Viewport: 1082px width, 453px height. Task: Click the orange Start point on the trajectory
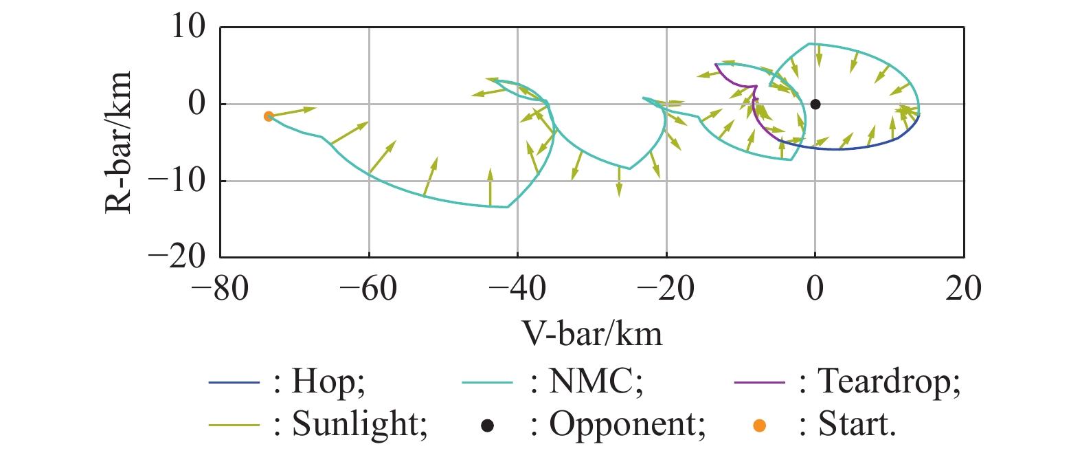(x=269, y=117)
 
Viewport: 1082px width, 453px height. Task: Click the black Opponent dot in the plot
(x=815, y=104)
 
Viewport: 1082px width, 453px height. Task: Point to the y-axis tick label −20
(x=177, y=257)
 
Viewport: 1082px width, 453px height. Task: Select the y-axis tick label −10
(x=177, y=181)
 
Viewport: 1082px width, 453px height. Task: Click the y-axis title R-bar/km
(x=118, y=142)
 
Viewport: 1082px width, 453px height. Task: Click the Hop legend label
(x=328, y=382)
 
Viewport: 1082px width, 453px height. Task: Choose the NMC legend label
(x=595, y=382)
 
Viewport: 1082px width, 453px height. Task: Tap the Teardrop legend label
(x=889, y=382)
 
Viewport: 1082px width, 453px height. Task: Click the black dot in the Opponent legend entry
(x=487, y=426)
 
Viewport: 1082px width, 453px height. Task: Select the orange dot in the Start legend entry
(x=759, y=426)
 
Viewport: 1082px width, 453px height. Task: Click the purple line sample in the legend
(x=759, y=382)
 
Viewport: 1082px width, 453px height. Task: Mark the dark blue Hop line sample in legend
(x=234, y=382)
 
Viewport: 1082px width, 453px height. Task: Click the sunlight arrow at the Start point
(x=292, y=112)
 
